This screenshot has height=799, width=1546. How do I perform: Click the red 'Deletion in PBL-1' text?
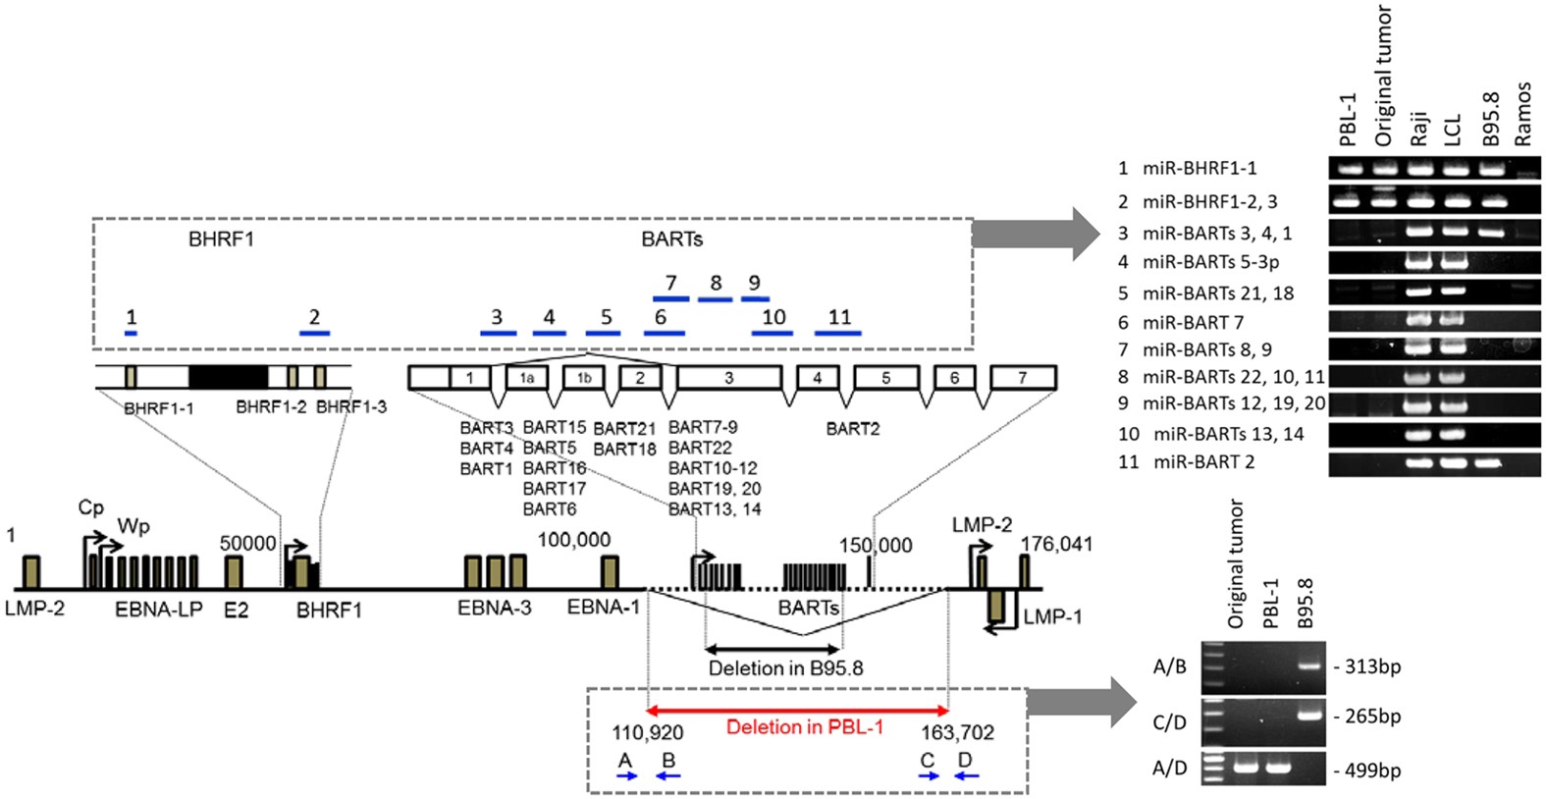click(x=804, y=727)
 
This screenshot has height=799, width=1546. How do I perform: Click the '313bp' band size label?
click(x=1372, y=666)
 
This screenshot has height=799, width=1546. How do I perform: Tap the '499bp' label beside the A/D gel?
click(x=1372, y=771)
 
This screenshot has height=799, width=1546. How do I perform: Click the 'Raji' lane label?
click(x=1419, y=128)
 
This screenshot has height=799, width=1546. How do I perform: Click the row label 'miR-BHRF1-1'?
click(x=1199, y=168)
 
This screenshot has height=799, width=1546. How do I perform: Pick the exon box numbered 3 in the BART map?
click(x=728, y=378)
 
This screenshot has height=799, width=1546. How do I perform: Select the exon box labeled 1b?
click(x=584, y=378)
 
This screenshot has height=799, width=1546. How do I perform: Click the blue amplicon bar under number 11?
click(x=838, y=334)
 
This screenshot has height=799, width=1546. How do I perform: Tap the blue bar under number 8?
click(x=715, y=298)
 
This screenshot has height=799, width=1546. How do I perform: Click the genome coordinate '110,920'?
click(x=648, y=733)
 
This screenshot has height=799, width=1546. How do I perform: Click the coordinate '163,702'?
click(x=957, y=733)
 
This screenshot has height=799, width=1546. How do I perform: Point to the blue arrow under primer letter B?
click(x=668, y=776)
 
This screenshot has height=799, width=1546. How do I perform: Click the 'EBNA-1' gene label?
click(x=604, y=608)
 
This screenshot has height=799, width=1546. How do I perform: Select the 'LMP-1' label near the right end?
click(x=1052, y=616)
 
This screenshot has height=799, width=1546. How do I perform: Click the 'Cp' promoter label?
click(x=90, y=507)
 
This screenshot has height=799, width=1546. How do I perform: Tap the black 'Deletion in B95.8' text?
click(x=785, y=668)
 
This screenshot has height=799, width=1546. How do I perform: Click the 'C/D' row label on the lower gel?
click(x=1169, y=722)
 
